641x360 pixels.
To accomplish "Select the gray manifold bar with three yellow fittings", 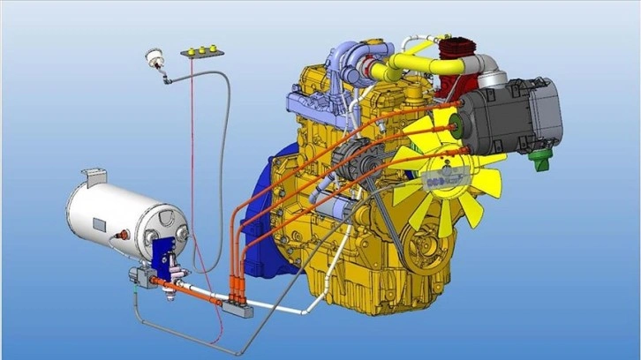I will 200,53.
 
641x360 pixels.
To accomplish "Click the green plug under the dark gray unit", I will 540,161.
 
